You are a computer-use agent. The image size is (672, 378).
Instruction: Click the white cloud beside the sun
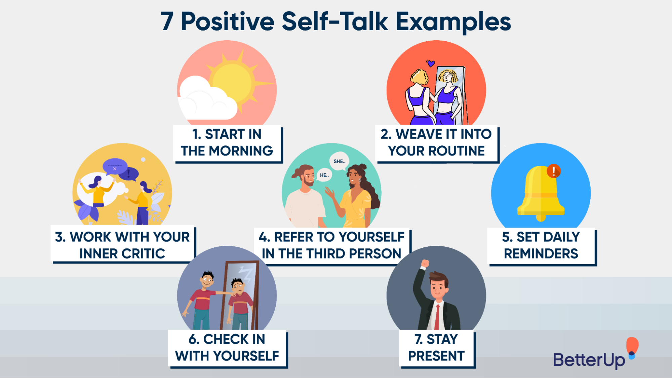tap(205, 101)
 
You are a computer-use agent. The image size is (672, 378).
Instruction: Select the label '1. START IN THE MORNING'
tap(227, 143)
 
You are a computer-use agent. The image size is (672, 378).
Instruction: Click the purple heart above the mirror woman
tap(431, 63)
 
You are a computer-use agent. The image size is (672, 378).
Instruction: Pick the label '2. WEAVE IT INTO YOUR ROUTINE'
tap(436, 143)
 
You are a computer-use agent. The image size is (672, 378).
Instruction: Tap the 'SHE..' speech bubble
tap(339, 161)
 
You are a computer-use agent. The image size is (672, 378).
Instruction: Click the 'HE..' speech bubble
tap(324, 175)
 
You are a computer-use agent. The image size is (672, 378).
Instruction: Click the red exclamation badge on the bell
tap(553, 171)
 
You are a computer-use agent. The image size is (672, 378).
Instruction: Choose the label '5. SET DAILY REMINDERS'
tap(541, 245)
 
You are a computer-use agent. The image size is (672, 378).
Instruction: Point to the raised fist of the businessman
tap(425, 263)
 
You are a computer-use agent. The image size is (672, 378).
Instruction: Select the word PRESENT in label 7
tap(436, 356)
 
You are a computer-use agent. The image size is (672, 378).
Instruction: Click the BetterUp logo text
tap(589, 360)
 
